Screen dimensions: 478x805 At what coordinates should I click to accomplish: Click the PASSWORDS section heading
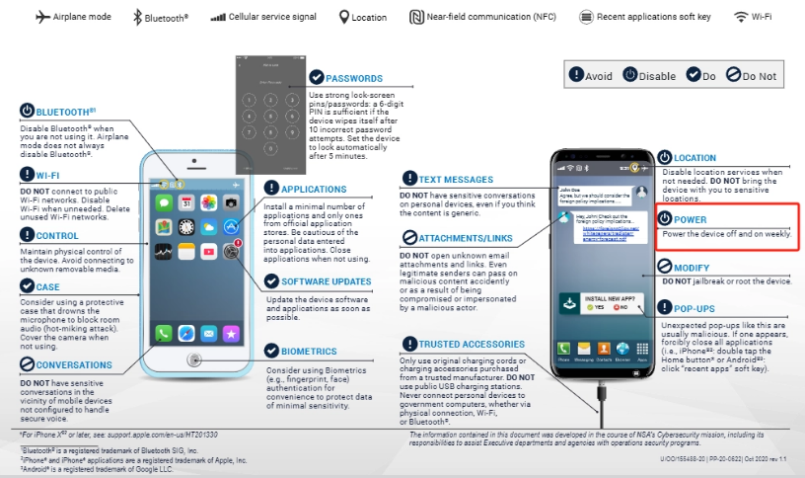tap(355, 77)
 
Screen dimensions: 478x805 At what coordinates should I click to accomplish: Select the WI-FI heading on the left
tap(49, 175)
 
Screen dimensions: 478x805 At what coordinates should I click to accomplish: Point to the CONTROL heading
tap(57, 236)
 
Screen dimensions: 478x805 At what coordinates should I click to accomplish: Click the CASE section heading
tap(47, 286)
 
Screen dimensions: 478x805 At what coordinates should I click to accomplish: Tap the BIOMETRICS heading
tap(311, 351)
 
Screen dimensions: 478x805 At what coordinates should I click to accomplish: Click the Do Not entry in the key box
tap(759, 75)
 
